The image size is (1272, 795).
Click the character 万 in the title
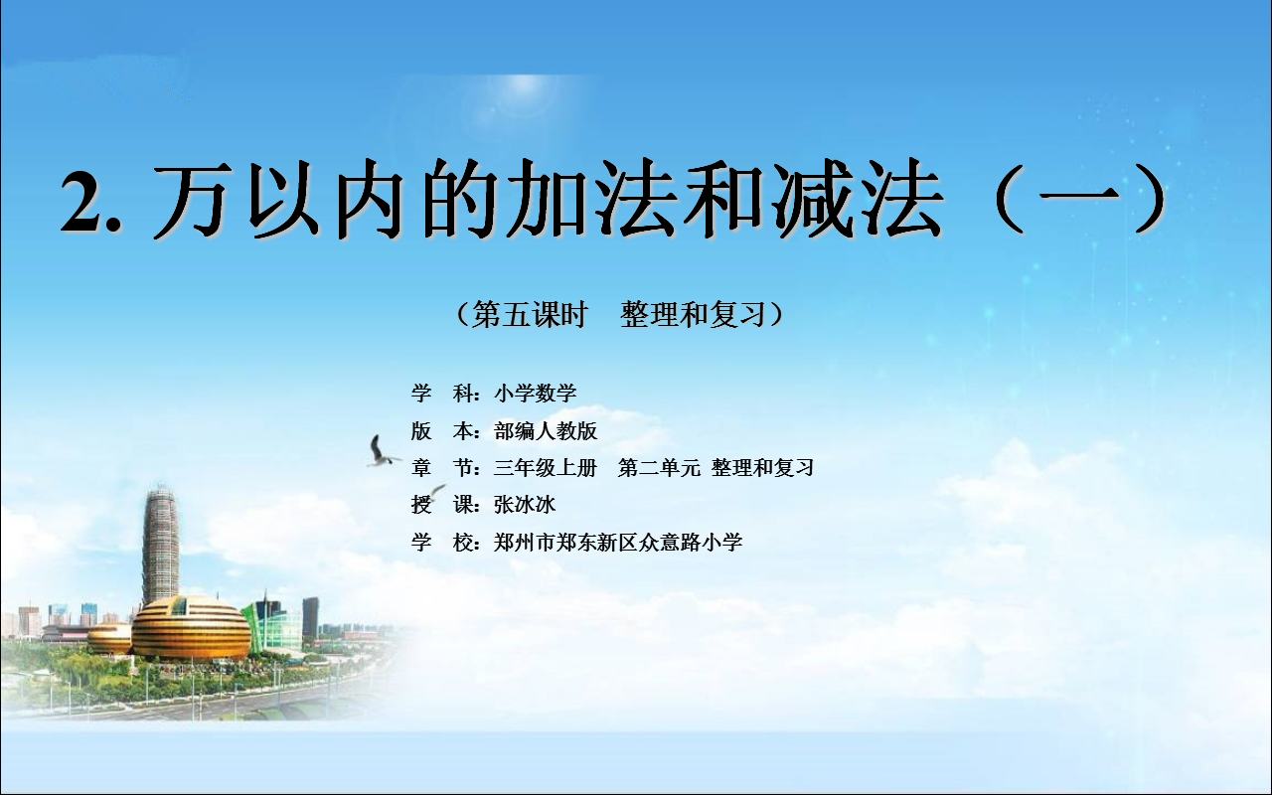194,200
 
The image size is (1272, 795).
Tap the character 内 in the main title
369,200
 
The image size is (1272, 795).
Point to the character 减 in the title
811,199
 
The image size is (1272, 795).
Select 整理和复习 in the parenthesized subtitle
694,314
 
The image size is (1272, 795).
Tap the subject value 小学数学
536,393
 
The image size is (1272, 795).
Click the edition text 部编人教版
546,431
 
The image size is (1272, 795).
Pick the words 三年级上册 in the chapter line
546,468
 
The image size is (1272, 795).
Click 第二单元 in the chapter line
659,468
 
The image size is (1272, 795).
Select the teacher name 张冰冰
525,504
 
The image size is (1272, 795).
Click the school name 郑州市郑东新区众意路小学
618,543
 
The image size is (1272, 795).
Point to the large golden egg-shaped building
191,627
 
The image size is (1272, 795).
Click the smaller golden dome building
110,638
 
